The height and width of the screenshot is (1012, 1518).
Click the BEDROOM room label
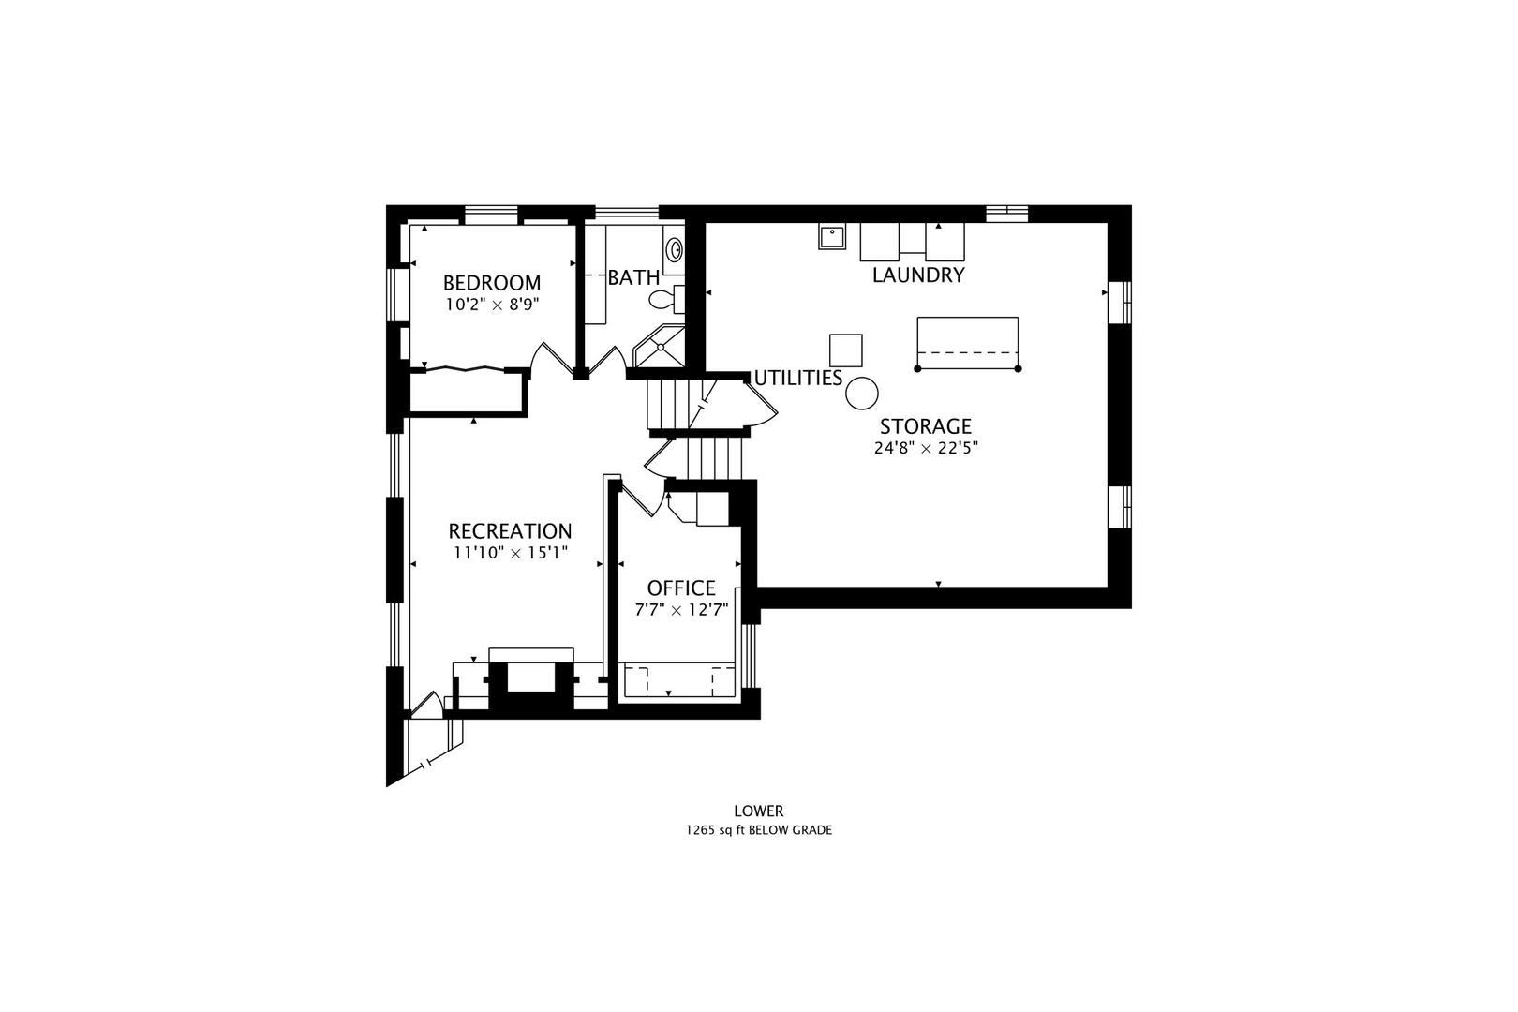(492, 282)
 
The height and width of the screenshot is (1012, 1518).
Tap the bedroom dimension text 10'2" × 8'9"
(492, 305)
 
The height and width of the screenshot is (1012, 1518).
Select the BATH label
(633, 277)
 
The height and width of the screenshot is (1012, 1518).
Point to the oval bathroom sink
(675, 250)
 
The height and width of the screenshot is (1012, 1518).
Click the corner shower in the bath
(659, 347)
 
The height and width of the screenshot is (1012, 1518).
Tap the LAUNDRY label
(918, 275)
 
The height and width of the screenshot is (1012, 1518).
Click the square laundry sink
(831, 236)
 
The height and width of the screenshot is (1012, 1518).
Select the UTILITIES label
(798, 379)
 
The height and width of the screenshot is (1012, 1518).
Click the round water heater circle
(862, 394)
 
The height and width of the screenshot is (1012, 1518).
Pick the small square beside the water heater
(846, 350)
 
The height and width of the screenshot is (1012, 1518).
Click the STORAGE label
(926, 426)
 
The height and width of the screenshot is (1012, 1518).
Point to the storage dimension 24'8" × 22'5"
(926, 448)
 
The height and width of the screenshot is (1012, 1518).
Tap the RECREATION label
(511, 530)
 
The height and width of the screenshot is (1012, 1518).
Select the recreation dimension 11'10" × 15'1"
(511, 553)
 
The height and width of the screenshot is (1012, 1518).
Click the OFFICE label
(681, 588)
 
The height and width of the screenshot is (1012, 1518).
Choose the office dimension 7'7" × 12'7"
(681, 609)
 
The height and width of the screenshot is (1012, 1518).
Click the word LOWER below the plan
(759, 811)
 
